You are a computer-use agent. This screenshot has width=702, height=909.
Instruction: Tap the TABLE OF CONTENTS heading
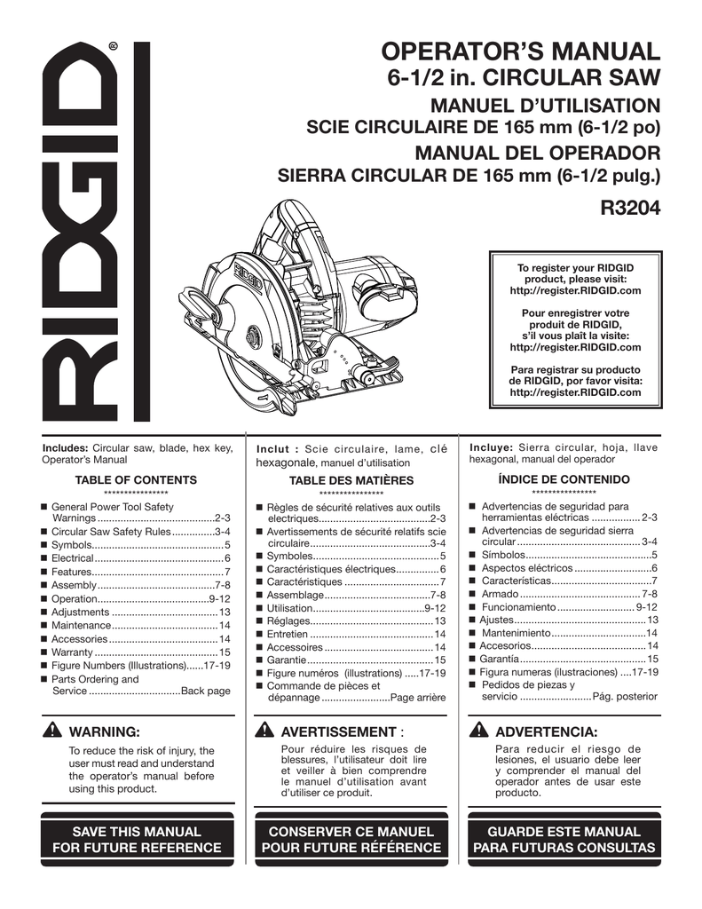click(x=136, y=479)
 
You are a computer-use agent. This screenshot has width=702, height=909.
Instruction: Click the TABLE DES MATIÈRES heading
click(x=351, y=480)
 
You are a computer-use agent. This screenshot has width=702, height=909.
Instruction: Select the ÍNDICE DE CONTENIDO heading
click(x=564, y=479)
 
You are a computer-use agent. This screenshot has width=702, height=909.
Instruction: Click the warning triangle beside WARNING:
click(x=53, y=731)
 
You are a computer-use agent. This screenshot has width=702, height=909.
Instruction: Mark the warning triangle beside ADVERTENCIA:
click(x=479, y=731)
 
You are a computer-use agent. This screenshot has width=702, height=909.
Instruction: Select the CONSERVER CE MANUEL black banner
click(x=351, y=840)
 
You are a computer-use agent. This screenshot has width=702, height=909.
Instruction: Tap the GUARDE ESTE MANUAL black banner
click(x=564, y=840)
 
